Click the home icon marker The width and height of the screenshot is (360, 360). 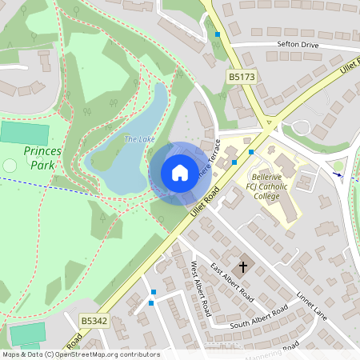(179, 173)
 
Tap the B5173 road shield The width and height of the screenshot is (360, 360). (240, 77)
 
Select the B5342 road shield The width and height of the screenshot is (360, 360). (94, 321)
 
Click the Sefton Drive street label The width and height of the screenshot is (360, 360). (298, 45)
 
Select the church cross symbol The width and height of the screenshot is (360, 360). (243, 266)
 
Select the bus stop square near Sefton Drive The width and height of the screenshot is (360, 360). (218, 34)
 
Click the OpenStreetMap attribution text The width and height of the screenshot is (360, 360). (80, 354)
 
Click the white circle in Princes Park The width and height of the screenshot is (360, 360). (10, 165)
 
